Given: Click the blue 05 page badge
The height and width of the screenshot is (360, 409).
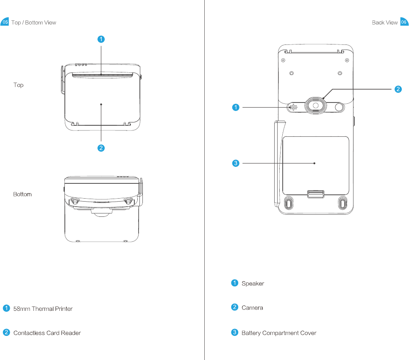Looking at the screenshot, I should coord(5,22).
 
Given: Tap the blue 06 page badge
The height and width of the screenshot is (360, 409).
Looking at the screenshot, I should coord(404,22).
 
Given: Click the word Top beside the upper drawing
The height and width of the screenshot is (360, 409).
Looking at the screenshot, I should coord(18,85).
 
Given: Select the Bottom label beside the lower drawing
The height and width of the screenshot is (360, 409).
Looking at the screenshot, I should coord(22,194).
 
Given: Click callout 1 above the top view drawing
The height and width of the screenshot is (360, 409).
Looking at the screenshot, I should coord(101,39).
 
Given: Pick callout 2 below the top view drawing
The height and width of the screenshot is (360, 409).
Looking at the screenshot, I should coord(101,148).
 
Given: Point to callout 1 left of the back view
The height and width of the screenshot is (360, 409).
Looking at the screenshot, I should coord(235,108).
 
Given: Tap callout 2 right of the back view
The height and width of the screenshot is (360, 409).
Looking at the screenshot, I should coord(398,89).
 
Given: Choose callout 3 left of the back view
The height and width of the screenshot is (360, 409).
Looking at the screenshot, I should coord(235,163).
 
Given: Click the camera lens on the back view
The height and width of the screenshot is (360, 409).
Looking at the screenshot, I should coord(315,105).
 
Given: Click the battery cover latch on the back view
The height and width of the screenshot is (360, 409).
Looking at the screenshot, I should coord(315,194).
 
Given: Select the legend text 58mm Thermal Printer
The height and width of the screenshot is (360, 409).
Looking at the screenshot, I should coord(43,309).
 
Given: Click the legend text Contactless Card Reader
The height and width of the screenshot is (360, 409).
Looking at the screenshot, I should coord(47,333).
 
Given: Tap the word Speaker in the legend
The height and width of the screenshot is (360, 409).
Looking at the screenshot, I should coord(253,283).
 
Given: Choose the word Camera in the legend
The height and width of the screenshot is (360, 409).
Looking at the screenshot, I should coord(252,307).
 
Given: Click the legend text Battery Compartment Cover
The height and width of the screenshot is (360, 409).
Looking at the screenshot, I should coord(279,333).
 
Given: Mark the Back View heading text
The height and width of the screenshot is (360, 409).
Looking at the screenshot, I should coord(384,22).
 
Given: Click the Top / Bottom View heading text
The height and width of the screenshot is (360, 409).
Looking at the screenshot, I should coord(33,22).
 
